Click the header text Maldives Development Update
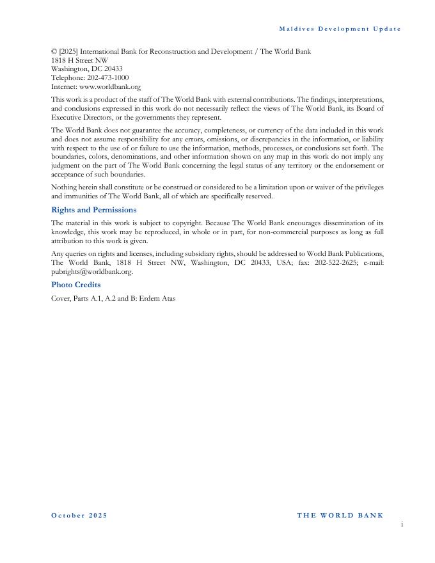click(x=340, y=29)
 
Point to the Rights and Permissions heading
click(x=93, y=210)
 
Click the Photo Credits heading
click(x=75, y=285)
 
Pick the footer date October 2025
click(x=79, y=516)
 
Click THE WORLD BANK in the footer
click(x=340, y=516)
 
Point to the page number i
click(x=402, y=525)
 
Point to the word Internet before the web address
click(x=63, y=86)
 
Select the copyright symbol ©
click(x=54, y=51)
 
